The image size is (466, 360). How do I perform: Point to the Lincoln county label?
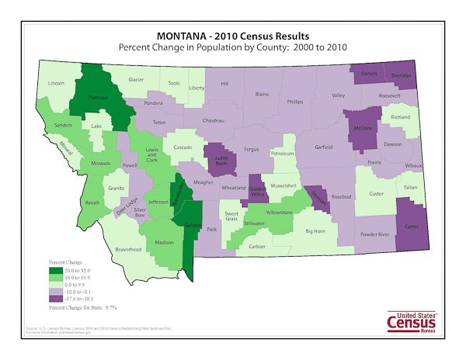point(56,82)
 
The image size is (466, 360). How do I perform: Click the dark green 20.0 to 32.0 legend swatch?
point(55,271)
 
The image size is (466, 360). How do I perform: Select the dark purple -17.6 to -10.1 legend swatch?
point(55,297)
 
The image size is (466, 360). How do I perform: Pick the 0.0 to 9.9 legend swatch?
point(55,284)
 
